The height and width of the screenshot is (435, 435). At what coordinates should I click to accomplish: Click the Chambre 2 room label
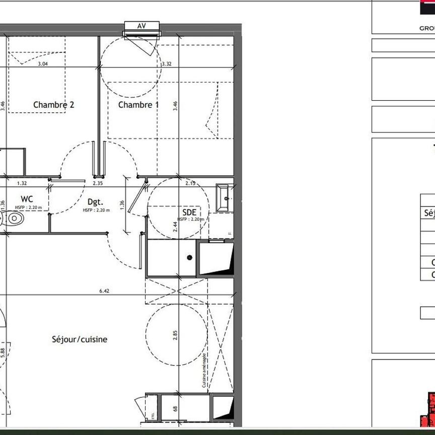point(54,105)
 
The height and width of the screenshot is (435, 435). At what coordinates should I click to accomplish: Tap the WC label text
point(27,200)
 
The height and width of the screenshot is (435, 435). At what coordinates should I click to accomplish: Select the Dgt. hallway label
point(96,202)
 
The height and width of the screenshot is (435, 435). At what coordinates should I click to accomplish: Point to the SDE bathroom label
point(189,212)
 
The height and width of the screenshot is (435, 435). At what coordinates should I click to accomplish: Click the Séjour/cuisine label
point(80,339)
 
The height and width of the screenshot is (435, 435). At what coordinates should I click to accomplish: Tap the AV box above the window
point(141,26)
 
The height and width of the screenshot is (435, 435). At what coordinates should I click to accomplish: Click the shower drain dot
point(190,258)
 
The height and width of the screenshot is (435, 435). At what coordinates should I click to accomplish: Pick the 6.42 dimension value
point(104,291)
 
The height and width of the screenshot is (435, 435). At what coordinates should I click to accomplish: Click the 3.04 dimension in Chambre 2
point(43,64)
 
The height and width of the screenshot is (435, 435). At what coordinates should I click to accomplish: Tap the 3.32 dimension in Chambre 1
point(167,64)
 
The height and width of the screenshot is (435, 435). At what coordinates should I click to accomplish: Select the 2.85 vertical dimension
point(175,335)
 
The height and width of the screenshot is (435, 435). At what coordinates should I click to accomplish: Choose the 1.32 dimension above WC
point(22,184)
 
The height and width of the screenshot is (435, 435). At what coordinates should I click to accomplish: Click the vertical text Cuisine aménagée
point(204,372)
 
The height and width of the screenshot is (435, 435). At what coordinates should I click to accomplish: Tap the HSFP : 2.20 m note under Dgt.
point(96,210)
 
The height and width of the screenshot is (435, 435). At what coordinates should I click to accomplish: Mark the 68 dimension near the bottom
point(175,409)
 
